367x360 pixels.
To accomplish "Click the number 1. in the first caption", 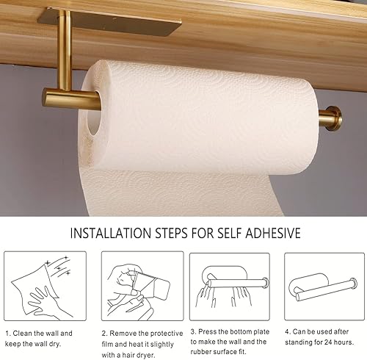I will pos(8,332).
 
